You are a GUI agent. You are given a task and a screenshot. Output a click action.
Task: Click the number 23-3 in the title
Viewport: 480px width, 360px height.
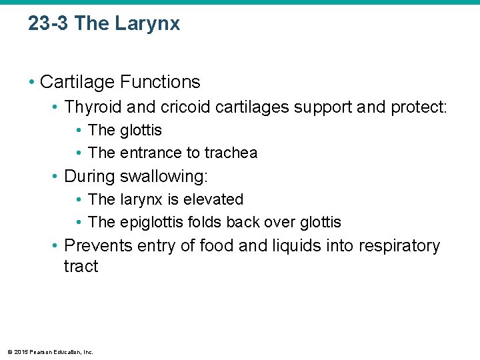point(48,24)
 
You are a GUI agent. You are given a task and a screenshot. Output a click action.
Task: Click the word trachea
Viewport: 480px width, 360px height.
point(231,153)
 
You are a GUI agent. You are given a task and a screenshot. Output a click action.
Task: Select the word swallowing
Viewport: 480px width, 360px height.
point(164,177)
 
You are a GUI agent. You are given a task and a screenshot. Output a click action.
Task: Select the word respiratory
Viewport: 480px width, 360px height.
point(399,246)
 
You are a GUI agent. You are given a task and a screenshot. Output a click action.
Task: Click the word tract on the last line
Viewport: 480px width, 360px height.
point(81,266)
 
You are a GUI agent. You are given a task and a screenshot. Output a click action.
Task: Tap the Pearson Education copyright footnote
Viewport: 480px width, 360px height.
point(50,352)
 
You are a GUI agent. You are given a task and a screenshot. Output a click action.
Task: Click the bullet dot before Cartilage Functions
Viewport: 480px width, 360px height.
point(31,83)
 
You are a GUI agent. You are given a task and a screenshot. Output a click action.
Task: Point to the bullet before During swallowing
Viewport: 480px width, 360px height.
point(56,177)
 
